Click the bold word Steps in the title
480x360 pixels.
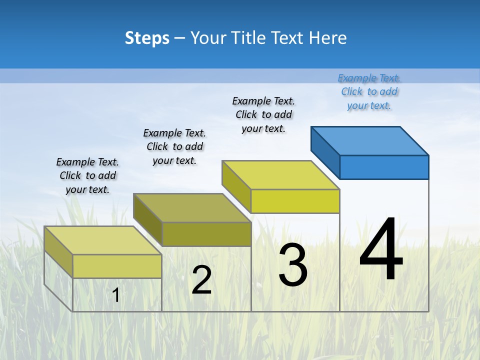click(147, 38)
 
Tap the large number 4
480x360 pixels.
click(381, 250)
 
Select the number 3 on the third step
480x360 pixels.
click(293, 265)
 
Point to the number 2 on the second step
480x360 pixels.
click(201, 280)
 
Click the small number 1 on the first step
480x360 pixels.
click(116, 295)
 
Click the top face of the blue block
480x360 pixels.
click(370, 140)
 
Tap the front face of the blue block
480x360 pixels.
click(384, 167)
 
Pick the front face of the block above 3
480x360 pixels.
click(295, 201)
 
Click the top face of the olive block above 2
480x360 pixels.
click(192, 208)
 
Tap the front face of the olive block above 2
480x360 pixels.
click(206, 234)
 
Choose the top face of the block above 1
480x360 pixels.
click(103, 240)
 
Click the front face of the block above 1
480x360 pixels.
click(117, 266)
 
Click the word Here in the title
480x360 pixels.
click(328, 38)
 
